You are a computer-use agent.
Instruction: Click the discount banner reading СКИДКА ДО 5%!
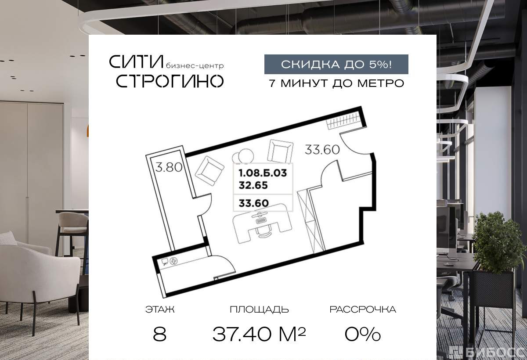click(x=336, y=64)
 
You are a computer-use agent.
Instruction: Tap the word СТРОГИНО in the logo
click(x=170, y=81)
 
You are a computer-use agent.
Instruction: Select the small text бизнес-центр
click(x=195, y=66)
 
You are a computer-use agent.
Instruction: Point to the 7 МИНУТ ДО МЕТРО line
click(x=336, y=83)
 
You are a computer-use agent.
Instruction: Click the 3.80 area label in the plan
click(x=169, y=167)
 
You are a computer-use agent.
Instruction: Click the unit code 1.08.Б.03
click(x=263, y=173)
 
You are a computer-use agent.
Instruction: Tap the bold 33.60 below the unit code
click(x=254, y=203)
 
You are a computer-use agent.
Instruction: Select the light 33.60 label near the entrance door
click(x=322, y=150)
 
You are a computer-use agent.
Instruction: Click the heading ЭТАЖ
click(x=160, y=310)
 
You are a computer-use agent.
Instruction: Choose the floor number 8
click(x=160, y=334)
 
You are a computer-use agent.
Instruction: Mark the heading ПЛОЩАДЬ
click(x=259, y=310)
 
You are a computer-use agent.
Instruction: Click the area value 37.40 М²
click(x=259, y=334)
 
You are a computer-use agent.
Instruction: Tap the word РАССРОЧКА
click(x=363, y=310)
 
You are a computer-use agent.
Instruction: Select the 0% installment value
click(x=363, y=334)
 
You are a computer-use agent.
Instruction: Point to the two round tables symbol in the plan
click(x=243, y=156)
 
